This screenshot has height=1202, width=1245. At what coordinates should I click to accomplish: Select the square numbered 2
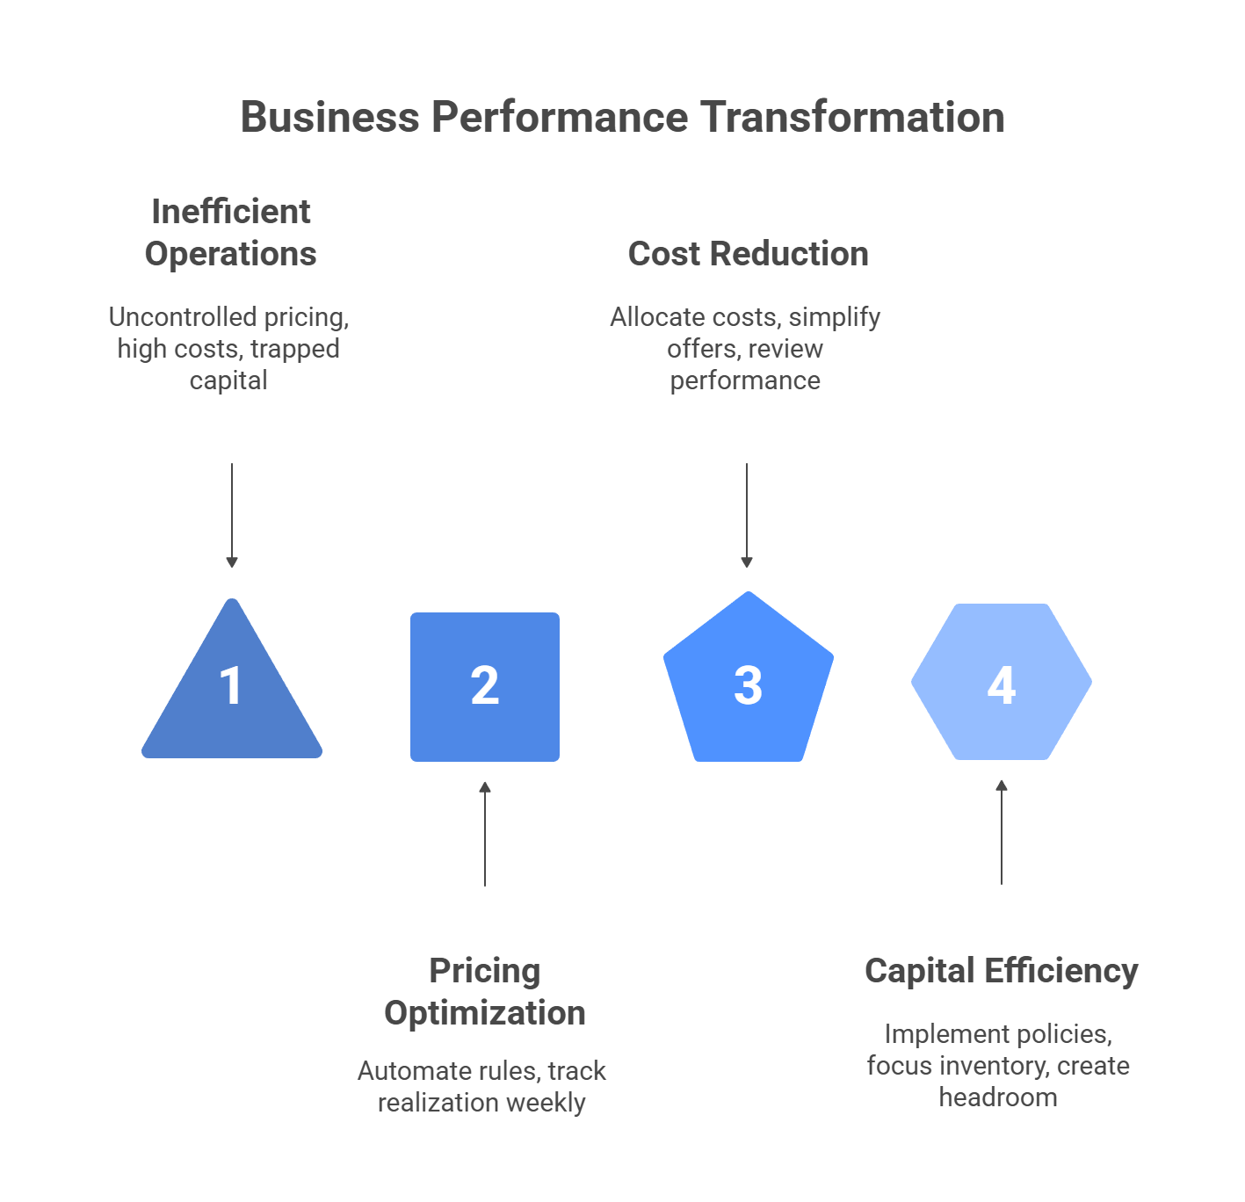(x=485, y=686)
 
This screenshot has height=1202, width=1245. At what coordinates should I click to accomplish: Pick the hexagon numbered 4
(x=1002, y=682)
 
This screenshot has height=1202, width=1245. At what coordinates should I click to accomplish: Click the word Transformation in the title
(x=852, y=117)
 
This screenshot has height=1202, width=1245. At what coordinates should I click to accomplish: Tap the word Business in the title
(x=329, y=117)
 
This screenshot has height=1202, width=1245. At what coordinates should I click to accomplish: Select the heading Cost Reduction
(x=748, y=254)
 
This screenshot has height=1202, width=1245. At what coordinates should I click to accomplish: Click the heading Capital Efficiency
(x=1001, y=971)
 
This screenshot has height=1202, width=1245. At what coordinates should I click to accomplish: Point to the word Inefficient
(x=231, y=212)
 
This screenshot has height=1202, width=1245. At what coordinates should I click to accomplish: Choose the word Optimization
(x=485, y=1013)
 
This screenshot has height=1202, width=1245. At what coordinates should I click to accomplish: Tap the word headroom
(x=998, y=1097)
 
